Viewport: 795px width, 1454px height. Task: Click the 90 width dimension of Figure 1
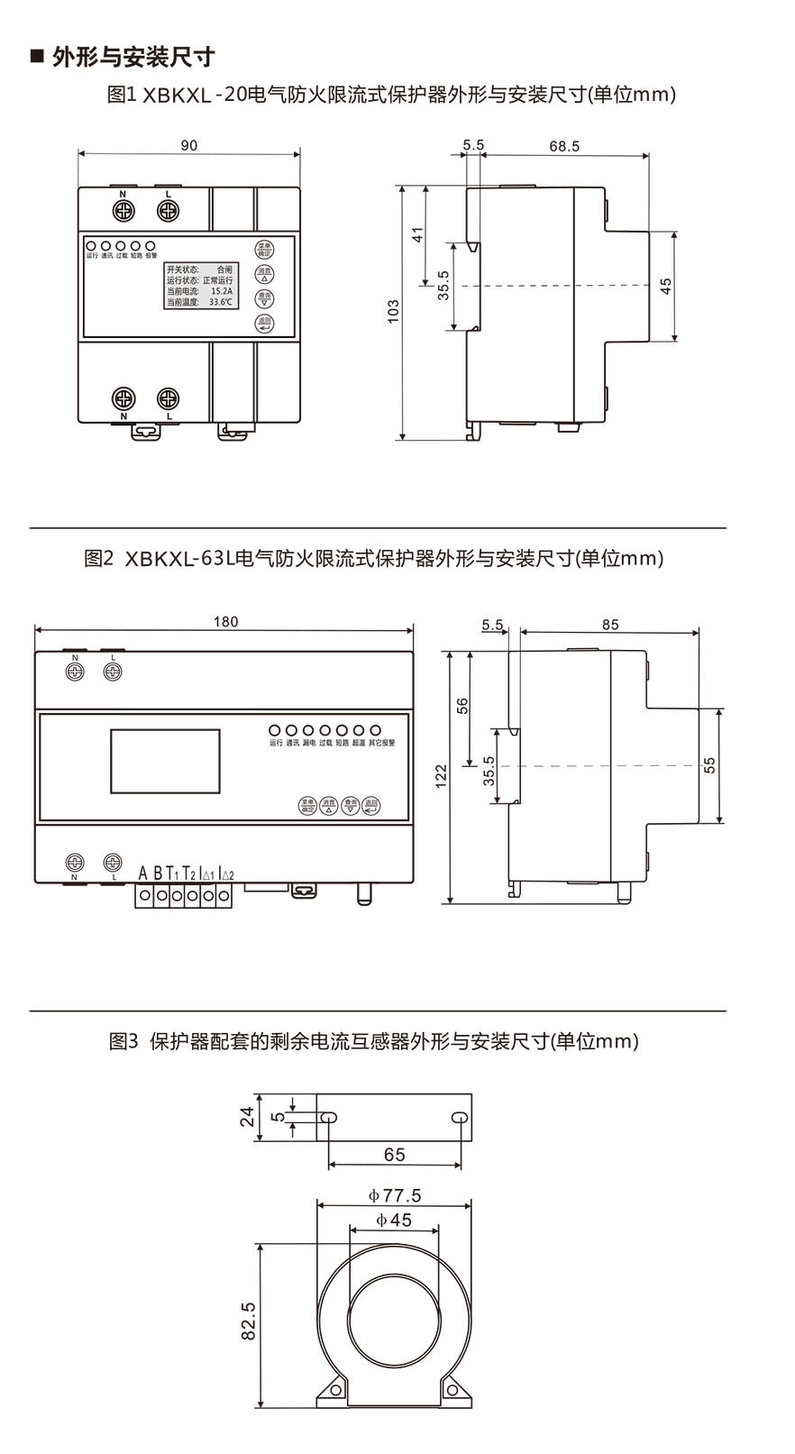(188, 145)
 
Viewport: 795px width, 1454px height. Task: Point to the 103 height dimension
(393, 313)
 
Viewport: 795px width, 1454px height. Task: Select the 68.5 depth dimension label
(563, 145)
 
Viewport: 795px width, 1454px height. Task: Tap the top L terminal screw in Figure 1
(169, 210)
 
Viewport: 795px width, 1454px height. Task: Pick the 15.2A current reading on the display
(221, 291)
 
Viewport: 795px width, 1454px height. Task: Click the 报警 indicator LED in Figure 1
(151, 245)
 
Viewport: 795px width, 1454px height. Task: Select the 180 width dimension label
(225, 621)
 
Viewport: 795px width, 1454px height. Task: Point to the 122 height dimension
(441, 776)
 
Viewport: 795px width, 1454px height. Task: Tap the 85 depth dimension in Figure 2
(610, 624)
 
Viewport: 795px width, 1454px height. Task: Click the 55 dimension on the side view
(710, 764)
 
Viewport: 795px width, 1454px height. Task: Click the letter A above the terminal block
(142, 873)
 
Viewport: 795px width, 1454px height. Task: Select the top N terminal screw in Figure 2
(75, 672)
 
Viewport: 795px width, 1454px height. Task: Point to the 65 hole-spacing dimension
(394, 1155)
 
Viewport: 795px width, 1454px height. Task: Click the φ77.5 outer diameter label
(394, 1196)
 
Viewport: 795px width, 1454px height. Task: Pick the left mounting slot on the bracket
(329, 1119)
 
